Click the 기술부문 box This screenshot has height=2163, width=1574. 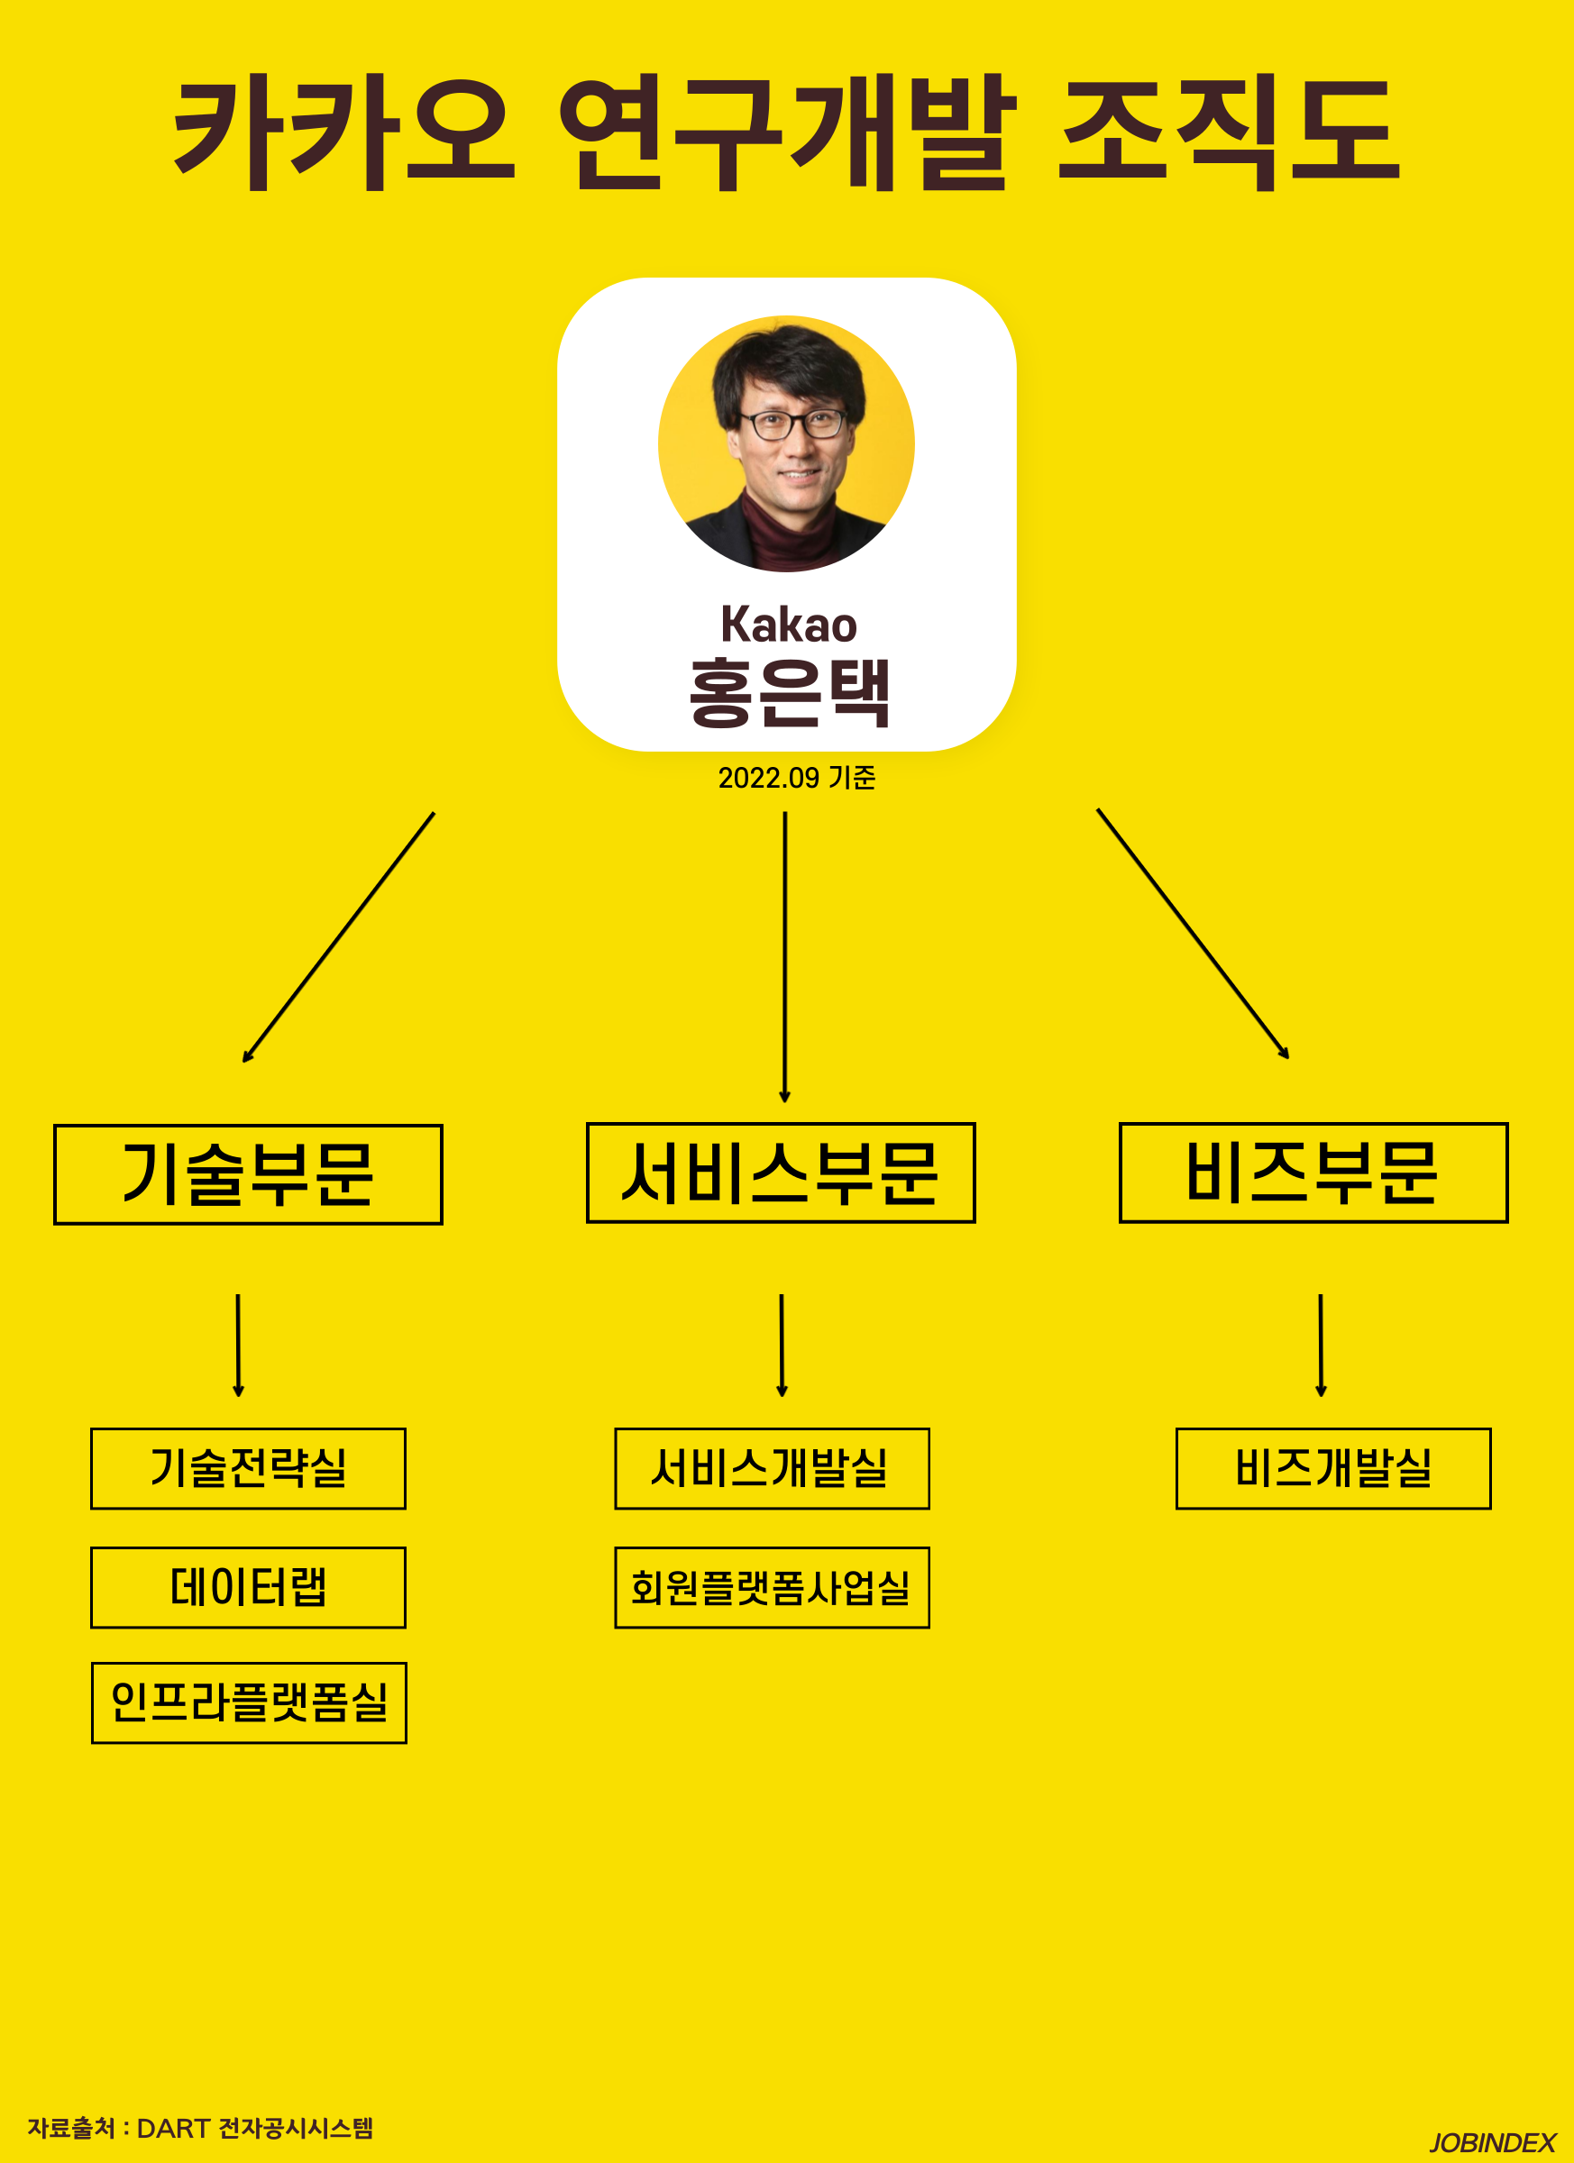(248, 1174)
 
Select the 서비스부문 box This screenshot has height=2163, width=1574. (781, 1173)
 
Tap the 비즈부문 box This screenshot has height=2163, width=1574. (1313, 1173)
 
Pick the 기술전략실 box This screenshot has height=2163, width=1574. (248, 1468)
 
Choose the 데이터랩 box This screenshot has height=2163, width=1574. (248, 1587)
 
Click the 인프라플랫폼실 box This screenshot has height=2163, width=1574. (249, 1702)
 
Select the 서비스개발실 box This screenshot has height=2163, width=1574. (772, 1468)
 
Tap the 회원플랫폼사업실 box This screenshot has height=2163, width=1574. (772, 1587)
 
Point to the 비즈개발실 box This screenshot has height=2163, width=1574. (1332, 1468)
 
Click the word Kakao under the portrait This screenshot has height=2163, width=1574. (789, 625)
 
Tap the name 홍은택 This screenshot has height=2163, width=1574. (789, 693)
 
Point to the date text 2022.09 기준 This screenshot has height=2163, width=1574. (797, 778)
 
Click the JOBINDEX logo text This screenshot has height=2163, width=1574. (1492, 2143)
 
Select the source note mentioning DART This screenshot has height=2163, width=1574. (200, 2128)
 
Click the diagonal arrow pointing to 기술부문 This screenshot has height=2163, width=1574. (339, 937)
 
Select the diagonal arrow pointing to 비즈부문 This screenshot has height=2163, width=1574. (1193, 934)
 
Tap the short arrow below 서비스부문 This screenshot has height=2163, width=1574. (782, 1345)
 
